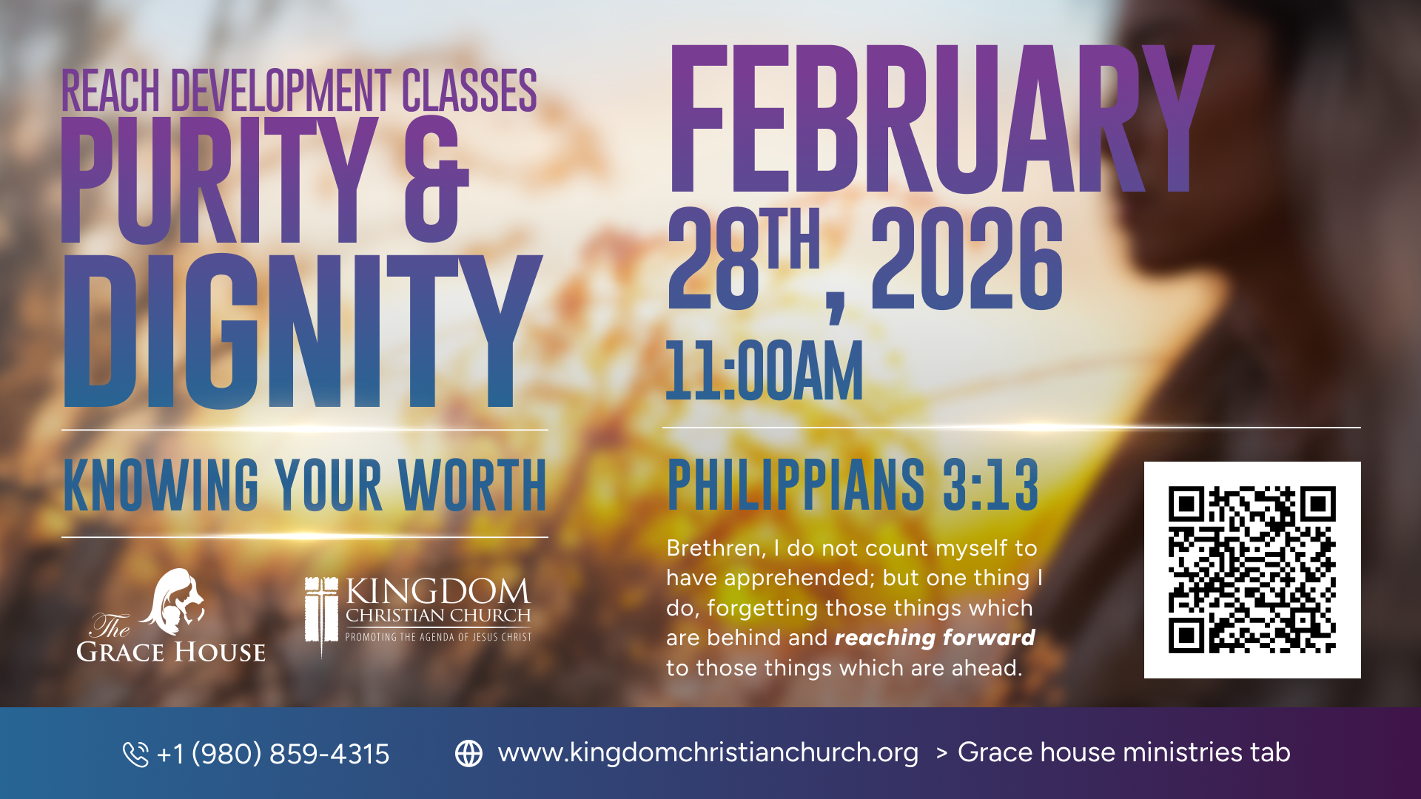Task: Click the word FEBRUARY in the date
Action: tap(941, 118)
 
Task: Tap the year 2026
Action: tap(967, 258)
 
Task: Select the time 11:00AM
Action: tap(765, 371)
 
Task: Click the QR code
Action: tap(1252, 570)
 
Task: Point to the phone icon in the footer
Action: tap(135, 754)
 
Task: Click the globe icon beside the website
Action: tap(468, 753)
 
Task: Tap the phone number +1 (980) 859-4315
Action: tap(273, 754)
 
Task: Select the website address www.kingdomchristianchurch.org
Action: tap(708, 752)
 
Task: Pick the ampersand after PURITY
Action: tap(437, 180)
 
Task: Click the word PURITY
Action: tap(220, 180)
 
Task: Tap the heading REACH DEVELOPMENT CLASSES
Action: tap(299, 90)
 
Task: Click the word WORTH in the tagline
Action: tap(472, 485)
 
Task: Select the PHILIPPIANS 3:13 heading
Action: tap(853, 485)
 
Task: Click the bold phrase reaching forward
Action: tap(935, 638)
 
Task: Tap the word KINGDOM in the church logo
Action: tap(438, 591)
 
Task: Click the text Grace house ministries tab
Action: tap(1124, 752)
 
